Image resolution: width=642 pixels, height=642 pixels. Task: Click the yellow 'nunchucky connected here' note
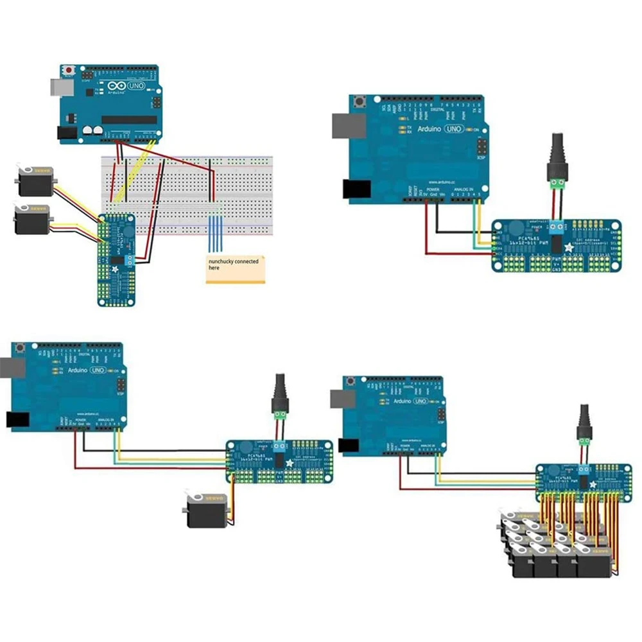pyautogui.click(x=235, y=268)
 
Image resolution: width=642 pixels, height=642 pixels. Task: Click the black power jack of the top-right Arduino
pyautogui.click(x=356, y=187)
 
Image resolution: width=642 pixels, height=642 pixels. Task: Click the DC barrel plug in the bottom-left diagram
pyautogui.click(x=280, y=396)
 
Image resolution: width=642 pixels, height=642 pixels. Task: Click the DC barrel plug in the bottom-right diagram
pyautogui.click(x=584, y=424)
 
